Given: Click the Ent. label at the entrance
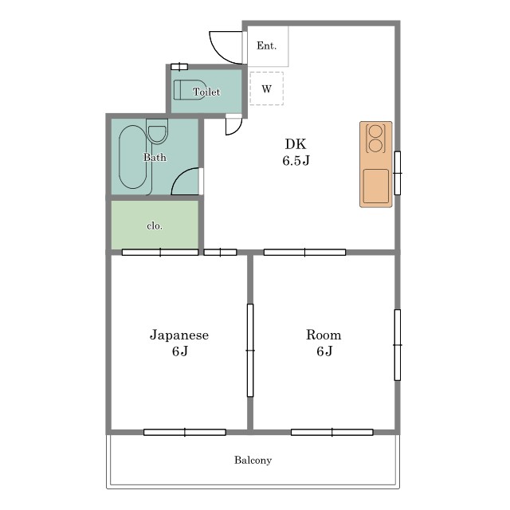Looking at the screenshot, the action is coord(266,46).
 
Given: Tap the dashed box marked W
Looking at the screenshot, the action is coord(266,88).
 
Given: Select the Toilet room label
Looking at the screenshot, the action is coord(206,92).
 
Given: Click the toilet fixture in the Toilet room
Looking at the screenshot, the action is coord(190,89).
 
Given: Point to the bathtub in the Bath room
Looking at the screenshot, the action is coord(133,157).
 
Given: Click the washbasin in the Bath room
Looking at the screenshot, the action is coord(157,131).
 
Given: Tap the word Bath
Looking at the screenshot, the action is coord(155,158).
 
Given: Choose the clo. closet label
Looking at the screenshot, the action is coord(155,226).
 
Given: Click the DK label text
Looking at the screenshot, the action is coord(296,144).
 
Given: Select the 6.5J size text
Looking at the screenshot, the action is coord(296,161).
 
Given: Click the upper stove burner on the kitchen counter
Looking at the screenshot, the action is coord(375,131).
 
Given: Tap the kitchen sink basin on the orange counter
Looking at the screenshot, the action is coord(376,186).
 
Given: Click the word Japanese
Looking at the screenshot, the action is coord(179,335).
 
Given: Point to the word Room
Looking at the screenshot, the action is coord(324,335).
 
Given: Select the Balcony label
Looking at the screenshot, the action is coord(253,461).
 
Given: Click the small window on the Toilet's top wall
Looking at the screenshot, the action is coord(179,67).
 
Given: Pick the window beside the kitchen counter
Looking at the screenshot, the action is coord(398,173).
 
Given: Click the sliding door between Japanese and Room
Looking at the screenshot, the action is coord(250,351).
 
